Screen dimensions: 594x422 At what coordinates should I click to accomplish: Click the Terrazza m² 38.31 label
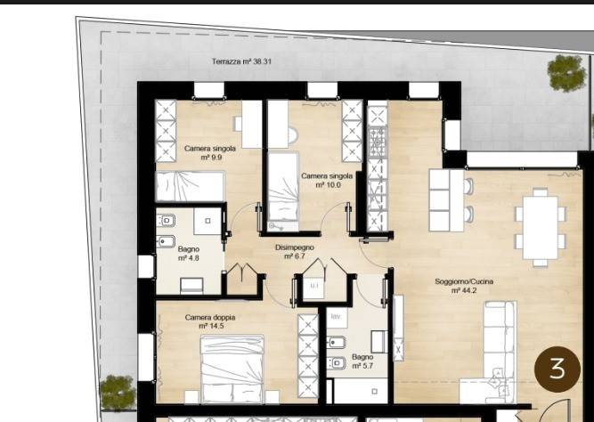tap(241, 61)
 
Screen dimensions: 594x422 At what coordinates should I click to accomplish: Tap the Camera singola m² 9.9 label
tap(210, 152)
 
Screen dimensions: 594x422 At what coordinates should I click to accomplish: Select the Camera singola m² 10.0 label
tap(327, 181)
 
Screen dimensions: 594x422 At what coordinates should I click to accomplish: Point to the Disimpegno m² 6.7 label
tap(295, 252)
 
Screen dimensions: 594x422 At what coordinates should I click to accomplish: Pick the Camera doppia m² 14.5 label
tap(210, 321)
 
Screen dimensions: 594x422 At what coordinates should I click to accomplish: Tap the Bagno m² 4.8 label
tap(188, 254)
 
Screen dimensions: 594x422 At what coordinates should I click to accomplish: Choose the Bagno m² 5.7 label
tap(362, 361)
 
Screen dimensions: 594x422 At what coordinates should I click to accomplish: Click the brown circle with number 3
tap(557, 369)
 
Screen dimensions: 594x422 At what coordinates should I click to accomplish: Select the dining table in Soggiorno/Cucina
tap(541, 227)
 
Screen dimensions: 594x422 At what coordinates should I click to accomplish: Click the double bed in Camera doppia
tap(232, 369)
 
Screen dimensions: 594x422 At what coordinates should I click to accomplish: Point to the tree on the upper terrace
tap(566, 73)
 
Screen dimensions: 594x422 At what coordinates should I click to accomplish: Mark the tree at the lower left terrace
tap(118, 393)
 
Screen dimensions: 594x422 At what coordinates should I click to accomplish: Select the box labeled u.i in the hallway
tap(313, 287)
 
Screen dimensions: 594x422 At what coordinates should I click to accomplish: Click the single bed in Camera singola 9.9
tap(191, 186)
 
